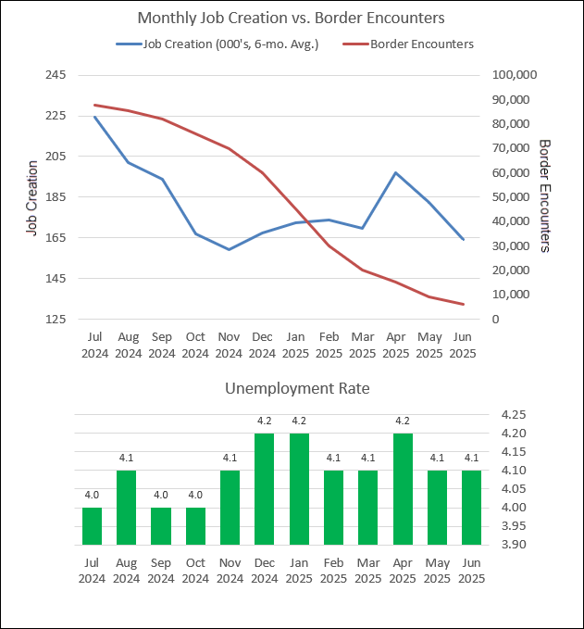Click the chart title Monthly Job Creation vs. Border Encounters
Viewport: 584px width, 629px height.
pos(292,18)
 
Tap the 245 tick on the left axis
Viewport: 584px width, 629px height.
pos(55,75)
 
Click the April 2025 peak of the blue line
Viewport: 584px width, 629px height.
pos(395,173)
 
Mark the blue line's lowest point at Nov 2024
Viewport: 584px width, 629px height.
pos(228,249)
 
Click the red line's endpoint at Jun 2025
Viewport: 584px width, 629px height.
pos(463,304)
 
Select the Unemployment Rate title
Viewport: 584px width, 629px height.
pos(297,388)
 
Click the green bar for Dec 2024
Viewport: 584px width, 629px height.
pos(264,488)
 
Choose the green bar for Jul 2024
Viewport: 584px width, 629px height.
pos(92,525)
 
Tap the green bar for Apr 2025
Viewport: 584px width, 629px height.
pos(403,488)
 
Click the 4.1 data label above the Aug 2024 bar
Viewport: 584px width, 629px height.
pos(127,457)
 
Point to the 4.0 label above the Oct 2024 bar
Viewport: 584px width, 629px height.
pos(195,494)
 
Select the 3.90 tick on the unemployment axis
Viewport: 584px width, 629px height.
pos(514,545)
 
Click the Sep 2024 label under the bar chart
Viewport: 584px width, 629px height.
pos(161,571)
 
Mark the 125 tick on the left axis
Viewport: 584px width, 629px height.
pos(55,320)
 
